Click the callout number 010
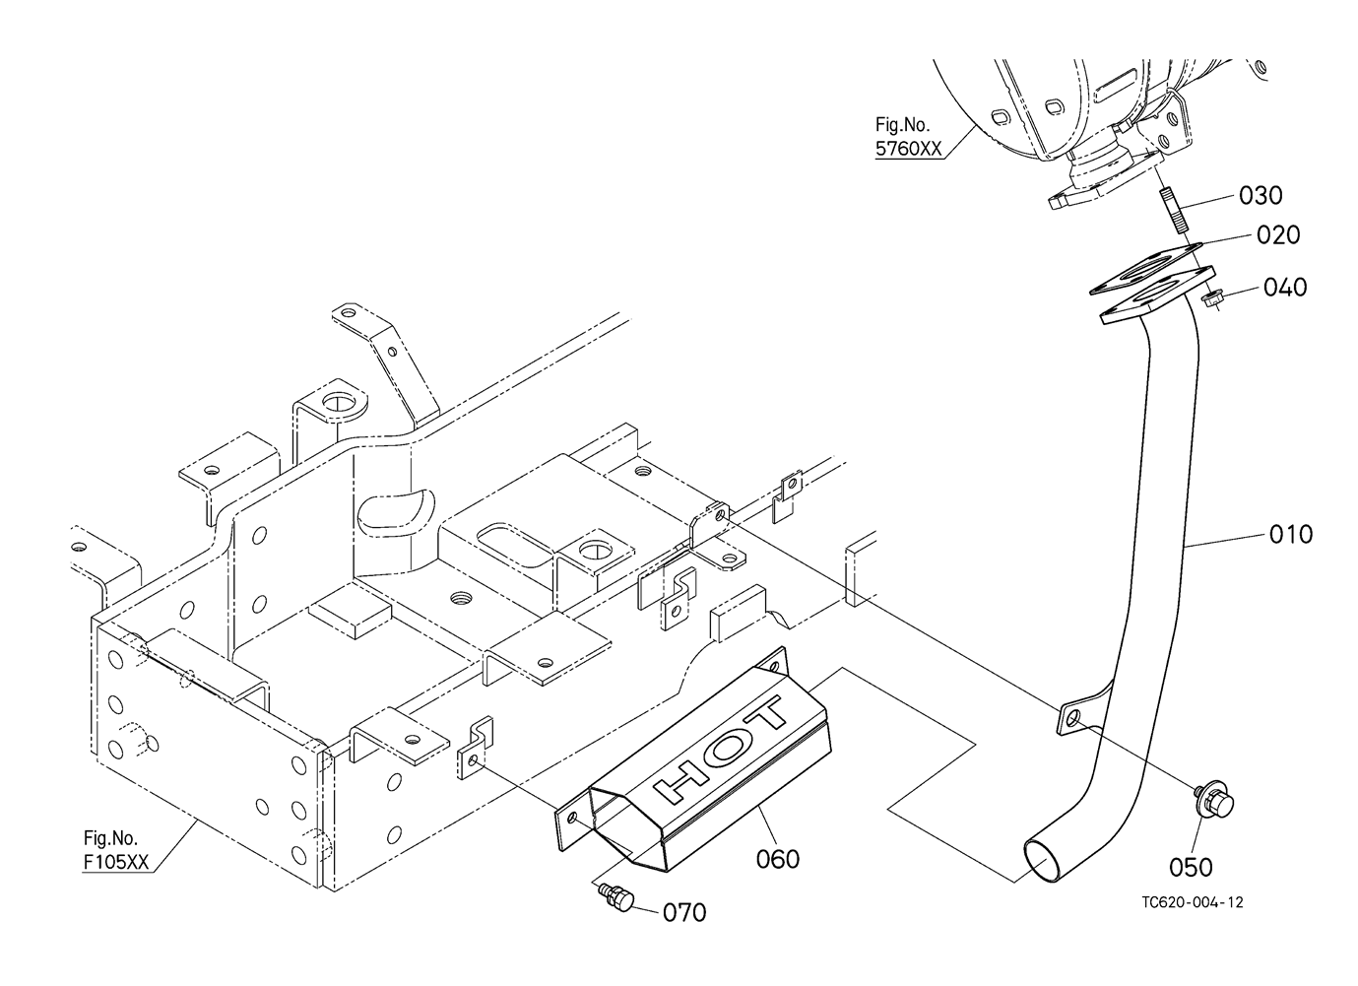pyautogui.click(x=1291, y=535)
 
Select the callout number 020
pyautogui.click(x=1278, y=235)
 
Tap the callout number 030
pyautogui.click(x=1261, y=196)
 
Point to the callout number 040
pyautogui.click(x=1285, y=288)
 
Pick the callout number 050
pyautogui.click(x=1192, y=867)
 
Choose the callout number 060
pyautogui.click(x=778, y=859)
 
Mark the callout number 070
pyautogui.click(x=684, y=913)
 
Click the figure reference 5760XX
pyautogui.click(x=909, y=149)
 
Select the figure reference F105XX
pyautogui.click(x=116, y=863)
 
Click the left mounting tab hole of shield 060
pyautogui.click(x=571, y=819)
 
